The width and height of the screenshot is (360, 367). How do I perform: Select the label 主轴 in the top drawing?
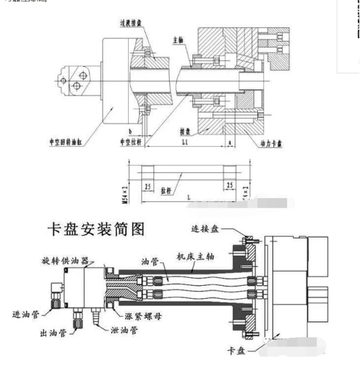click(180, 40)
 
